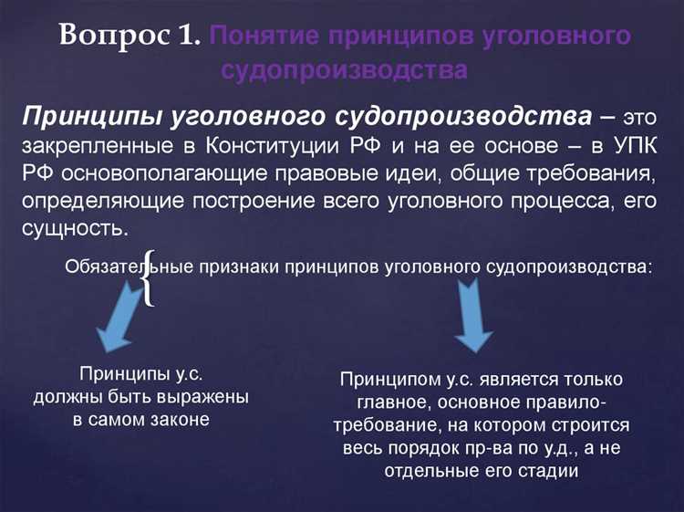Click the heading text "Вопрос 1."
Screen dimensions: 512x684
(130, 37)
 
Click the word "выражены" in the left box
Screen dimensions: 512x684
(202, 398)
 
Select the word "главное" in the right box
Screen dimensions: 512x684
(361, 402)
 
